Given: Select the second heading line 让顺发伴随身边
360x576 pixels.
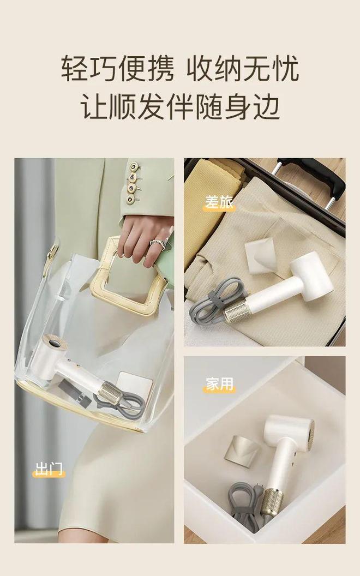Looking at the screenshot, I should pyautogui.click(x=180, y=106).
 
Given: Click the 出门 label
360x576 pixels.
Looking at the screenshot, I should pyautogui.click(x=49, y=469).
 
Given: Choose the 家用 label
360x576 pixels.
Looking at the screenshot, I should pyautogui.click(x=219, y=385).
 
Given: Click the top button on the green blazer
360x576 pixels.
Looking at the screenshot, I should pyautogui.click(x=133, y=167).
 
